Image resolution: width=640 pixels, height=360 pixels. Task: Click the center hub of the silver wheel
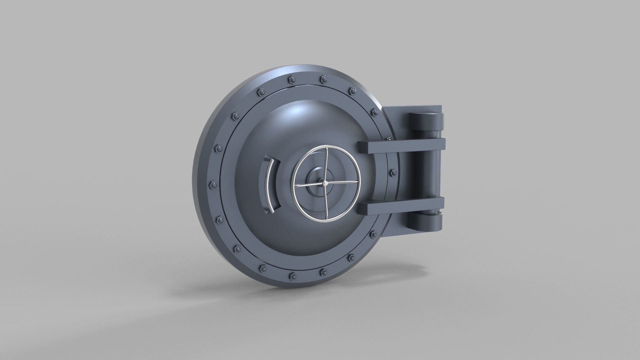tap(325, 183)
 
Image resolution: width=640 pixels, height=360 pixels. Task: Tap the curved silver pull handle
tap(269, 185)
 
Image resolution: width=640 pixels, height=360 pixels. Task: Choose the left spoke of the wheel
tap(308, 185)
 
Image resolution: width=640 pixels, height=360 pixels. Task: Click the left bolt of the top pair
tap(293, 79)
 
